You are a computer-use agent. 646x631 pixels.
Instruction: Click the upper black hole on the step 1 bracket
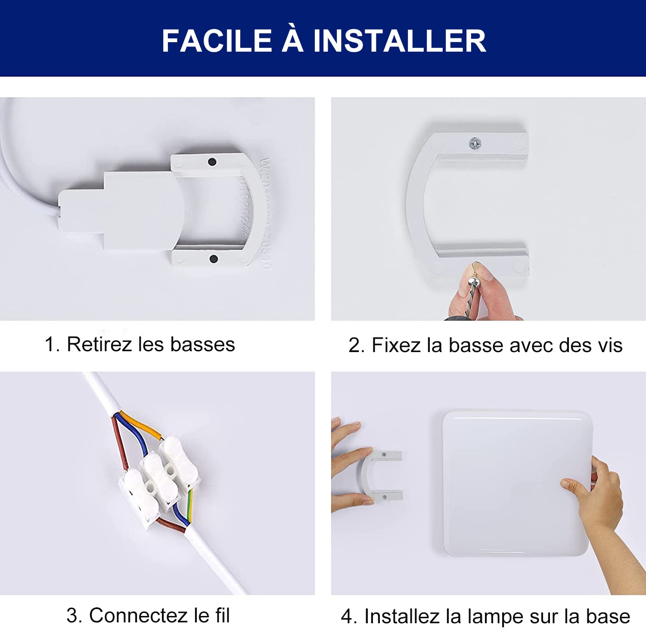coord(212,162)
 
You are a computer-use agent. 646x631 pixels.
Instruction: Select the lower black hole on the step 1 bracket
coord(213,259)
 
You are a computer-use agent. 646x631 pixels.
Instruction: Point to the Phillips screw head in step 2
coord(475,143)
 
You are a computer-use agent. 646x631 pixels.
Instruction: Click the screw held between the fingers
coord(473,284)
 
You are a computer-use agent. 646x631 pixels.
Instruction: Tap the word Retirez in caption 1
coord(99,344)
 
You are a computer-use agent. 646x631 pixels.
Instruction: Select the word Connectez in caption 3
coord(138,615)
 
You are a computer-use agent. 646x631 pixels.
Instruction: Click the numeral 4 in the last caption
coord(347,616)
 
